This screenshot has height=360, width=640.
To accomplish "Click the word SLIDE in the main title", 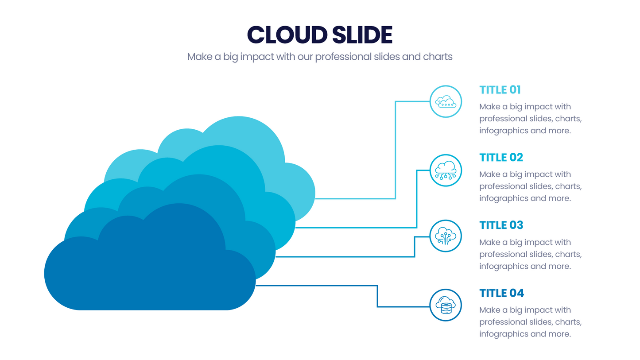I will pyautogui.click(x=362, y=35).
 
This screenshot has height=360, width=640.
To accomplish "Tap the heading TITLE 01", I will pyautogui.click(x=500, y=90).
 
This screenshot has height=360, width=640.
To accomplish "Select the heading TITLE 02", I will pyautogui.click(x=501, y=158).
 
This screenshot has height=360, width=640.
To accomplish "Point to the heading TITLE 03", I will pyautogui.click(x=501, y=225).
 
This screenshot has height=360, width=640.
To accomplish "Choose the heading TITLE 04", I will pyautogui.click(x=501, y=293).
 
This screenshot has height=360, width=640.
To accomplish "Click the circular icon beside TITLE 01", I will pyautogui.click(x=446, y=101).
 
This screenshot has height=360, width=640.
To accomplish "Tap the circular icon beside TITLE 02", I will pyautogui.click(x=446, y=170).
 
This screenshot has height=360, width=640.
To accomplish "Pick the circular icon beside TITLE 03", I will pyautogui.click(x=446, y=236).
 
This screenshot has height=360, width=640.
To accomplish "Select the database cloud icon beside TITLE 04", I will pyautogui.click(x=446, y=305).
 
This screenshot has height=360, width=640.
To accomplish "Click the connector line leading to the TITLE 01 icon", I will pyautogui.click(x=395, y=151).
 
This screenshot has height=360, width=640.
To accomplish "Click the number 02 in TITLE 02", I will pyautogui.click(x=516, y=158).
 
